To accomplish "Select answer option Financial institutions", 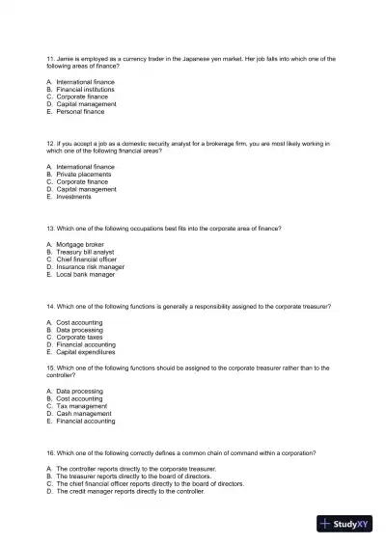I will [x=87, y=90].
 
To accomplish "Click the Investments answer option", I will [x=75, y=196].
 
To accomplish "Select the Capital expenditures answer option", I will [x=91, y=351].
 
